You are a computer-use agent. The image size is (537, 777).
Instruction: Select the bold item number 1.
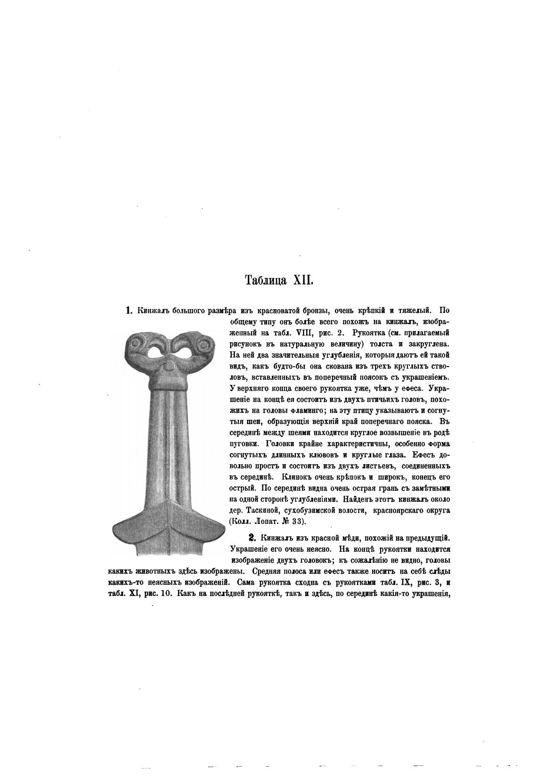point(128,311)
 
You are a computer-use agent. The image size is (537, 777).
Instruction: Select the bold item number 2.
point(252,537)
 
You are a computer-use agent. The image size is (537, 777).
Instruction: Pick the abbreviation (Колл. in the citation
point(240,521)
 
